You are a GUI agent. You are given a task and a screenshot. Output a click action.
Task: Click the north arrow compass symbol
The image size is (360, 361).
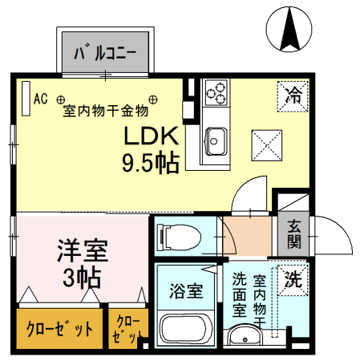coord(291,27)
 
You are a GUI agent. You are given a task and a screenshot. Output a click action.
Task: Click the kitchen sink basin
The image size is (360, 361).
coord(214,140)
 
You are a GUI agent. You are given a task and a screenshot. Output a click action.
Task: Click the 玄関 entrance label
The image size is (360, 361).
coord(293,233)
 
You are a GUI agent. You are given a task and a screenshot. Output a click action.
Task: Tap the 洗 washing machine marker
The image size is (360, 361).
coord(293,280)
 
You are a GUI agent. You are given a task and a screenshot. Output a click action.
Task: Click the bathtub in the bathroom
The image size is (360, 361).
coord(184,329)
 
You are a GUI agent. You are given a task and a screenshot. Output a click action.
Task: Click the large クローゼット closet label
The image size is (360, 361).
coord(59,330)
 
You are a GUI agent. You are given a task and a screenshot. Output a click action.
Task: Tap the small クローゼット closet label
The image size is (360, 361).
coord(127,330)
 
